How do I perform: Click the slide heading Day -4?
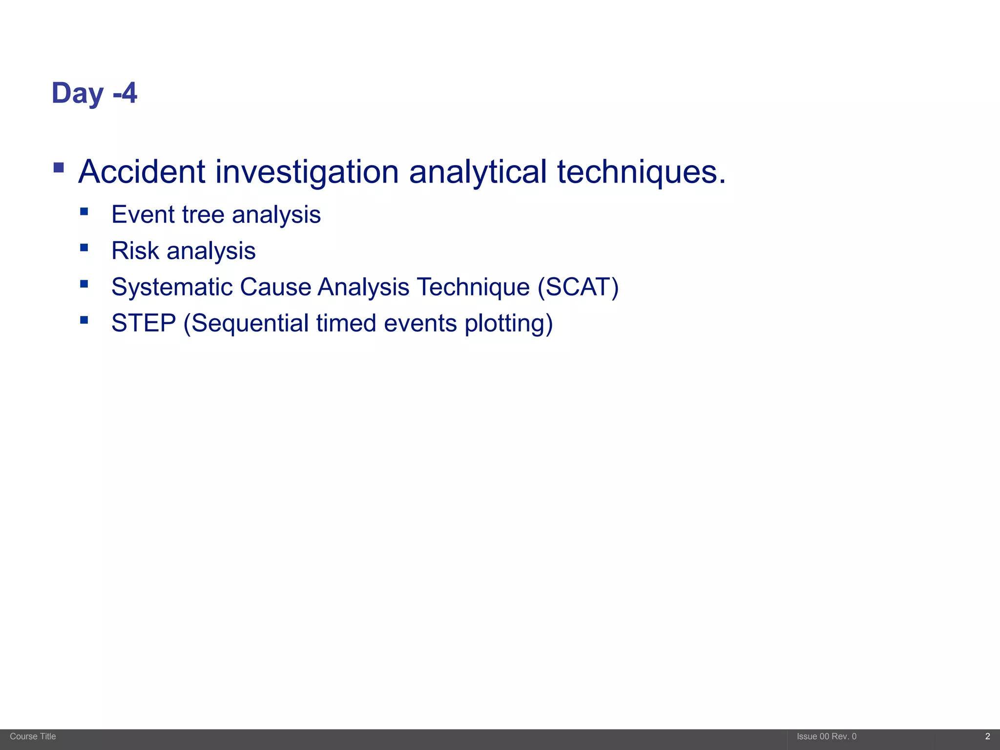94,93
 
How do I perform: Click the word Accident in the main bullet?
142,172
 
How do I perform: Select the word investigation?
307,172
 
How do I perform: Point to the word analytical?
478,172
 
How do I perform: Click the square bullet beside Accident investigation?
59,168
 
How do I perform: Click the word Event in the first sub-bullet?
143,215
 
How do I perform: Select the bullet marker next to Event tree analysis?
84,211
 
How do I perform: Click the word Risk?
135,251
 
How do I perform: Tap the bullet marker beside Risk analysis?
84,248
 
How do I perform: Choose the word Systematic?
172,287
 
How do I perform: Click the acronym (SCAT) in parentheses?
578,287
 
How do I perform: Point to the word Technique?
473,287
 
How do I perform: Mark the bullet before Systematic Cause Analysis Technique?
84,284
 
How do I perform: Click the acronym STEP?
144,323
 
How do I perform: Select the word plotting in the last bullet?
508,323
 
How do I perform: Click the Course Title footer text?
33,736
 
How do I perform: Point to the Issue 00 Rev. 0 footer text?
826,736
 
